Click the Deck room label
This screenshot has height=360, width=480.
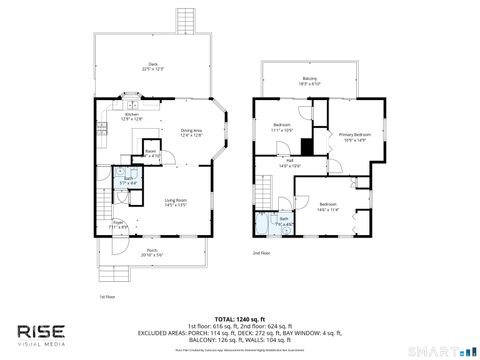[153, 67]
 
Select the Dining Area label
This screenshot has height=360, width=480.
[191, 133]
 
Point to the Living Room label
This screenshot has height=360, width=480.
[176, 202]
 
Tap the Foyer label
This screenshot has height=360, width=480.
[117, 223]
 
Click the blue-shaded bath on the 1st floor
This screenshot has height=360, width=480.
[129, 182]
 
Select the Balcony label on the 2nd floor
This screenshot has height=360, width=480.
[309, 82]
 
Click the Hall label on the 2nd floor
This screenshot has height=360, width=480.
[289, 163]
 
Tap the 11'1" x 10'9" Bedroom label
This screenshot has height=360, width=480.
[282, 127]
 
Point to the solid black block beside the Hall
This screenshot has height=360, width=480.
[308, 147]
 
